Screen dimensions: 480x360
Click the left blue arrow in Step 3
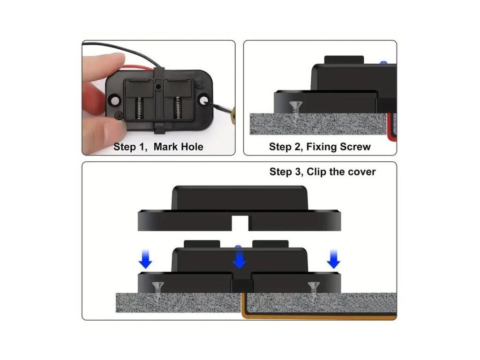(145, 259)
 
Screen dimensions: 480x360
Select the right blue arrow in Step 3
(333, 259)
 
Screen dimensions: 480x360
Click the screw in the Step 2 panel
(295, 112)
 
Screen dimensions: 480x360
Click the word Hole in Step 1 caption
(191, 147)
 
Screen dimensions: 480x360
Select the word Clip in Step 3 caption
(317, 172)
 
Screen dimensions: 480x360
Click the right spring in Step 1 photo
(177, 108)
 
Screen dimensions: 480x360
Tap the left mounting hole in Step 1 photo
(115, 100)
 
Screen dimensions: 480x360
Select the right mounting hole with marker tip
(203, 100)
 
